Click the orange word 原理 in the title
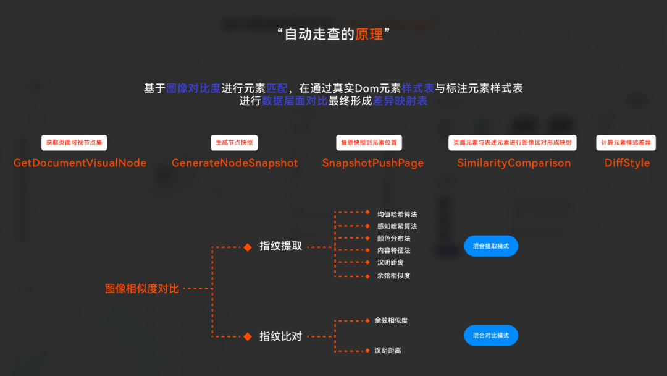pos(369,35)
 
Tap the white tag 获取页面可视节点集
pos(75,143)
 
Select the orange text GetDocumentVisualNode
pos(80,163)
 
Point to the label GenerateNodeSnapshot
pos(235,163)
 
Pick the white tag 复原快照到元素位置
pos(369,143)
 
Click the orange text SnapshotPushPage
pos(373,163)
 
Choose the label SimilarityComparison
pos(514,163)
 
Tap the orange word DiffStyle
pos(627,163)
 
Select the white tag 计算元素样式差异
pos(626,143)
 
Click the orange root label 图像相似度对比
pos(142,288)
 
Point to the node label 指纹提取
pos(281,246)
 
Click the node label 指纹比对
pos(281,336)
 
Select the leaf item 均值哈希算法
pos(397,214)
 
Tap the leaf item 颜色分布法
pos(393,238)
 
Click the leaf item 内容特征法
pos(393,250)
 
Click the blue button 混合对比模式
pos(491,335)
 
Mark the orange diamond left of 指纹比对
pos(248,336)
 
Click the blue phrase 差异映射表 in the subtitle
pos(400,101)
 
